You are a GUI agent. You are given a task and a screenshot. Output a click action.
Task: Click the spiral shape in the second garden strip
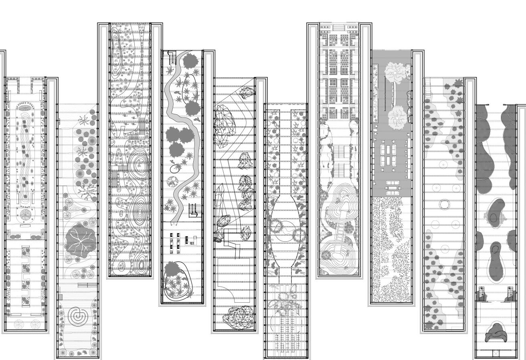[76, 316]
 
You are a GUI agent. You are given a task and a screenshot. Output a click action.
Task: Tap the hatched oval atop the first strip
[26, 107]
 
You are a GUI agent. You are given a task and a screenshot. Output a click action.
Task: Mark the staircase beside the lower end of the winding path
[193, 210]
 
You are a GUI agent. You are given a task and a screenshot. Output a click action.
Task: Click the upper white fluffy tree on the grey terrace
[396, 72]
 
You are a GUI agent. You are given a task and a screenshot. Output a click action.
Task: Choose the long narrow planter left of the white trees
[376, 93]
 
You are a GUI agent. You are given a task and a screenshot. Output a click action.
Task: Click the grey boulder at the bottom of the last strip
[497, 333]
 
